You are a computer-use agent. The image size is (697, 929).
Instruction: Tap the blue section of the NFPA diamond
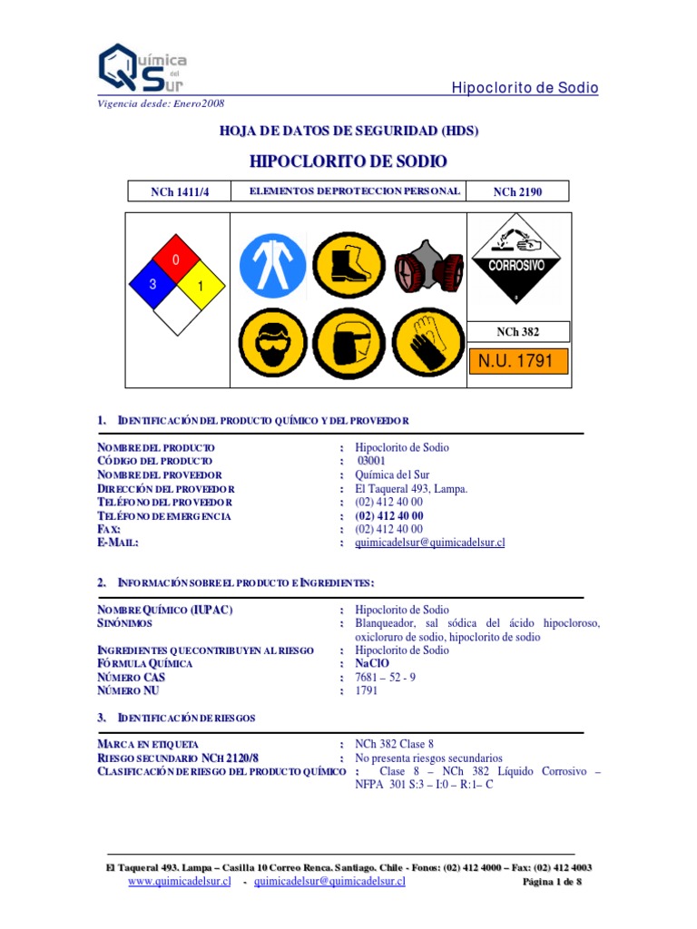point(154,284)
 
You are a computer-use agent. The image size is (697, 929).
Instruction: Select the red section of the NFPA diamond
point(176,261)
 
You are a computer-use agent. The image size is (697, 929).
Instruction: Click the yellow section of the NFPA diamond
point(199,286)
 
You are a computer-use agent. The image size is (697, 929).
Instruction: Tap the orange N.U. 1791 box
point(517,361)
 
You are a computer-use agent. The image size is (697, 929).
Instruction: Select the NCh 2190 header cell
point(517,191)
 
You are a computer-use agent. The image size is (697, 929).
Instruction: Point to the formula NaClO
point(372,663)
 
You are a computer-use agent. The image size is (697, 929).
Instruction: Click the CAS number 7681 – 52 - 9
point(386,677)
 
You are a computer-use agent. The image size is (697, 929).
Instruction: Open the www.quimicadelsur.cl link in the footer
point(180,881)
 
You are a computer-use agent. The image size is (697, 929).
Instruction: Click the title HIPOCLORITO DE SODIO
point(348,161)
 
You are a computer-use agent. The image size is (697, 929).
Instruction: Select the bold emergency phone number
point(389,515)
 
